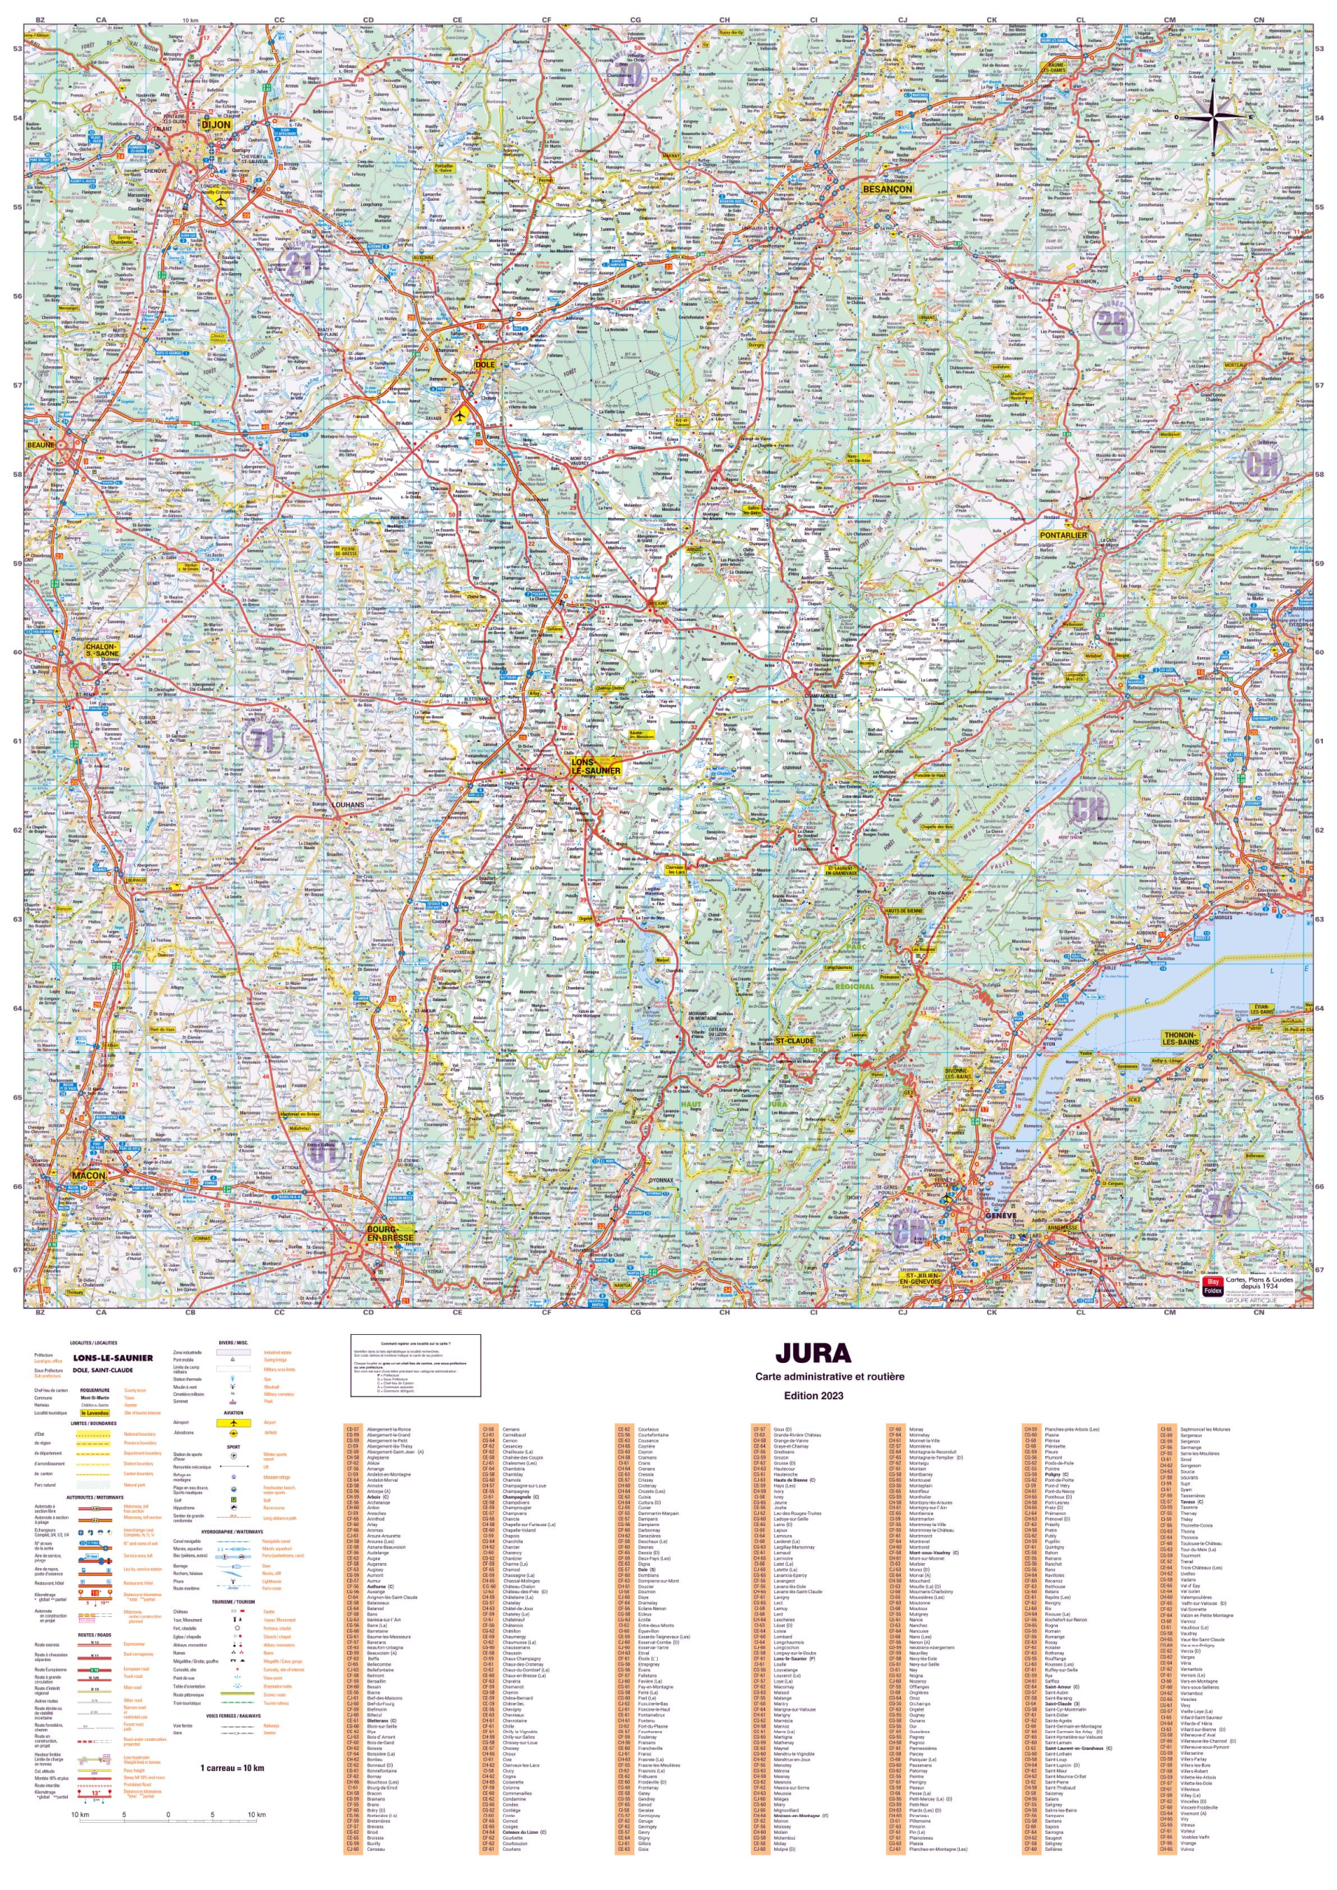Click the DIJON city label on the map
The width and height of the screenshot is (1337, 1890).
[x=216, y=124]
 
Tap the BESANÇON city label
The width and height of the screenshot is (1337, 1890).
[x=887, y=188]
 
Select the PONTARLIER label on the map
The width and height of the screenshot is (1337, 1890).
[x=1063, y=535]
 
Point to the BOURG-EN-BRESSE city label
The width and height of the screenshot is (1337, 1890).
[x=391, y=1232]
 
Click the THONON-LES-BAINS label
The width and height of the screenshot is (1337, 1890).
[x=1180, y=1038]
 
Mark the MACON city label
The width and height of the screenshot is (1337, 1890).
[x=88, y=1175]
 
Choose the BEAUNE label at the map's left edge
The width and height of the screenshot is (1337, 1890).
[x=41, y=444]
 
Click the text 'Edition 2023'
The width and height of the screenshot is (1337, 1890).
[x=814, y=1395]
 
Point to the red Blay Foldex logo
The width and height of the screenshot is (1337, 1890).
[x=1211, y=1286]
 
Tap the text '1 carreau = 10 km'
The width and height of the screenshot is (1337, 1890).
[x=232, y=1767]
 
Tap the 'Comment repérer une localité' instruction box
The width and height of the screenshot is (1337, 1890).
[x=415, y=1365]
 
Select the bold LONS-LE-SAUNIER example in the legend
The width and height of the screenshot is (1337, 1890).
[x=113, y=1358]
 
